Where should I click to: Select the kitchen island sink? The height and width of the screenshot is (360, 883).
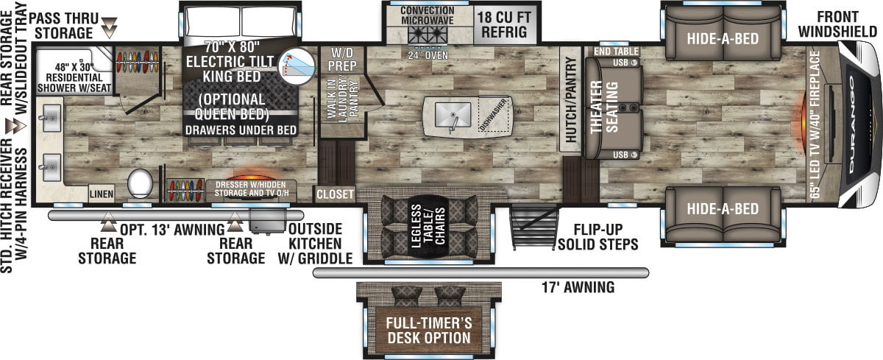coord(452,116)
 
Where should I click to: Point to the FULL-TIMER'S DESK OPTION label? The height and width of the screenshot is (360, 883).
coord(429,331)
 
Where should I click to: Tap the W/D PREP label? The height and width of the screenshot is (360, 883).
coord(343,59)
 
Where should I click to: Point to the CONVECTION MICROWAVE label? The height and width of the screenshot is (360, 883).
coord(428,15)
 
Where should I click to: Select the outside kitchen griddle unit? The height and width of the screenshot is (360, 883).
coord(267,219)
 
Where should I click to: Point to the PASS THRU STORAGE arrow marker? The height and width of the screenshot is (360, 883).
coord(110,29)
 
